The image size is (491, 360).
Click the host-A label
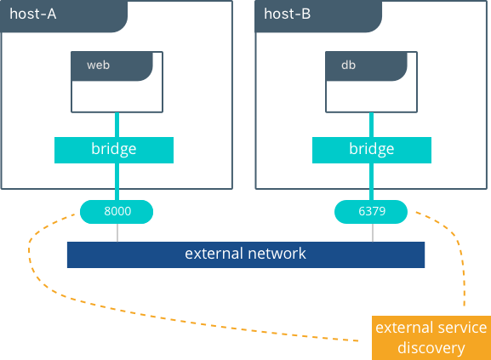pyautogui.click(x=33, y=14)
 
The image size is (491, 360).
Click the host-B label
pyautogui.click(x=287, y=14)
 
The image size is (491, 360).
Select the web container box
pyautogui.click(x=117, y=82)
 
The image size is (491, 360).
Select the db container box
pyautogui.click(x=371, y=82)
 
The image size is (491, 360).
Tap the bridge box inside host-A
pyautogui.click(x=114, y=150)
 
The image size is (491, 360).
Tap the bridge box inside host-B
pyautogui.click(x=372, y=150)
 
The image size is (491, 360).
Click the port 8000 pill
pyautogui.click(x=117, y=212)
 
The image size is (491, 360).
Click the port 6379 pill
pyautogui.click(x=371, y=212)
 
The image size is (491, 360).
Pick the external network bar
pyautogui.click(x=246, y=254)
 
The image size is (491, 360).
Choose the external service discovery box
pyautogui.click(x=431, y=338)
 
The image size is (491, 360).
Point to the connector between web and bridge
pyautogui.click(x=117, y=124)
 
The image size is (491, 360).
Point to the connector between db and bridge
pyautogui.click(x=371, y=124)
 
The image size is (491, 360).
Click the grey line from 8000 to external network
pyautogui.click(x=117, y=232)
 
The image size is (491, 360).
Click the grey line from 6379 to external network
pyautogui.click(x=373, y=232)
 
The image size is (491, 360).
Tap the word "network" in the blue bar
pyautogui.click(x=277, y=254)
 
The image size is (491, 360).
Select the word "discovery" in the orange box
pyautogui.click(x=431, y=348)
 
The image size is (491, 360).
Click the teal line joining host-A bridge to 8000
pyautogui.click(x=117, y=181)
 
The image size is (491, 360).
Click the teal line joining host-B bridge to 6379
pyautogui.click(x=371, y=181)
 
